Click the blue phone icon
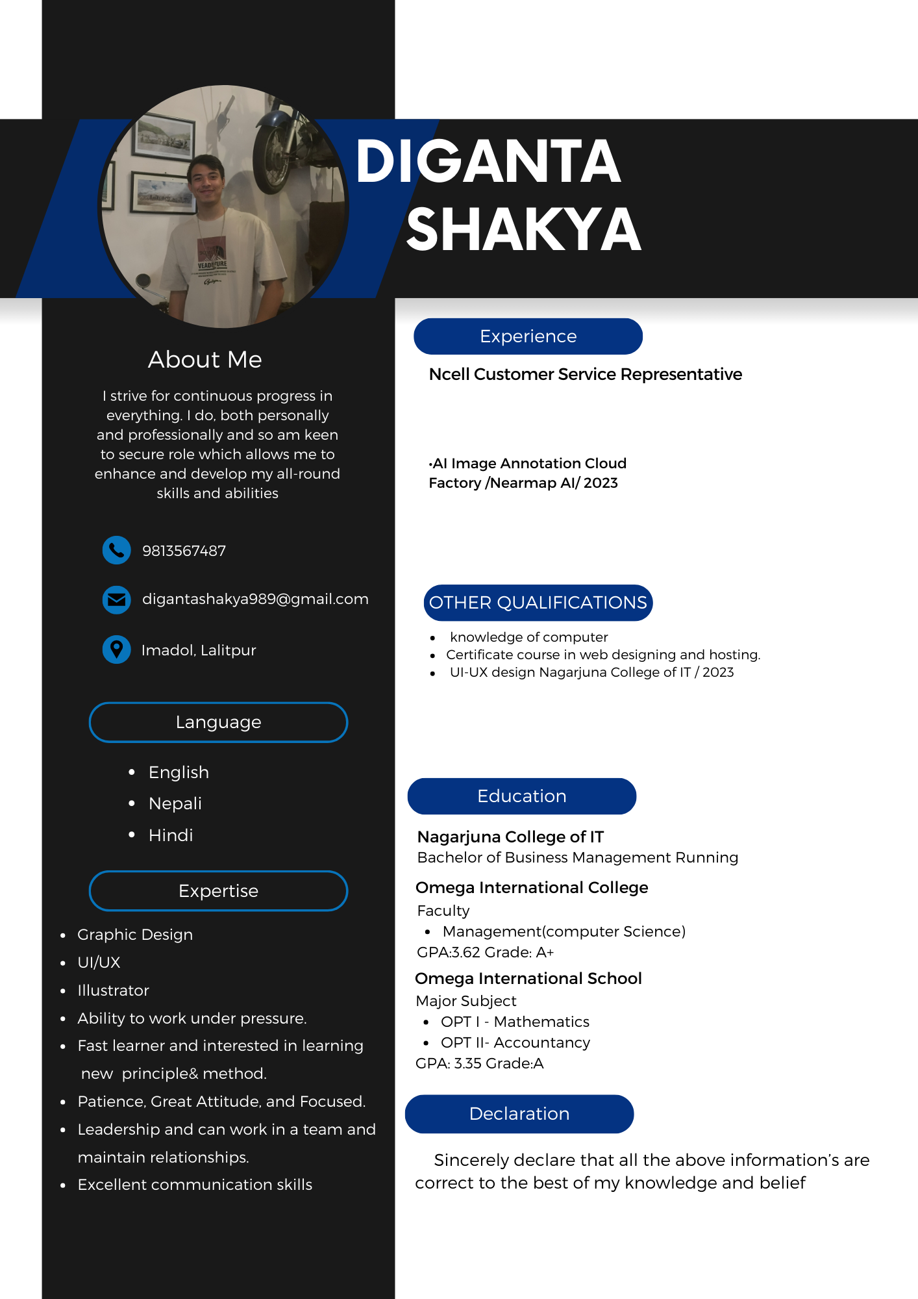[117, 550]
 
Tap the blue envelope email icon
[117, 599]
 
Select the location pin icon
[117, 649]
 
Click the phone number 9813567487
[184, 551]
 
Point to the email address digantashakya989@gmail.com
[255, 599]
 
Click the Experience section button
[528, 336]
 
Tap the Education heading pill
[522, 796]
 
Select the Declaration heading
[519, 1114]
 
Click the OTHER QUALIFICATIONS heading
[538, 603]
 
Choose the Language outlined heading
[218, 722]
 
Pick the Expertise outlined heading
[218, 891]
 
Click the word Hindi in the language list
[171, 835]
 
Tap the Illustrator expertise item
[114, 990]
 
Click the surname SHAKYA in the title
[523, 230]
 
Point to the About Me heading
[205, 360]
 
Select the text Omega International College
[532, 887]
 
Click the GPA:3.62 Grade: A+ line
[485, 952]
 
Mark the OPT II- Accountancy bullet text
[515, 1042]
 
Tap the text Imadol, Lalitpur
[199, 650]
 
